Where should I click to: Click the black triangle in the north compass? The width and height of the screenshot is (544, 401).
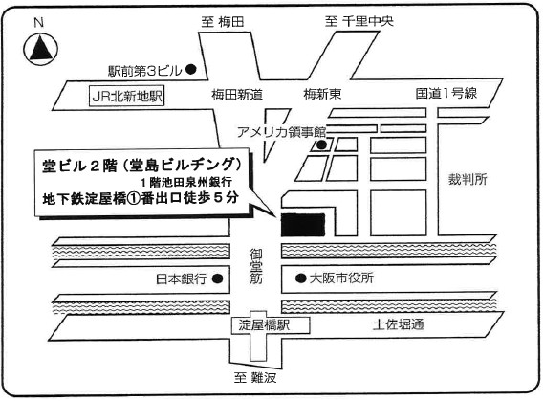(x=41, y=50)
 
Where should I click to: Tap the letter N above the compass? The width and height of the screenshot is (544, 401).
(x=39, y=23)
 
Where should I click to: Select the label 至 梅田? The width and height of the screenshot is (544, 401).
(x=223, y=22)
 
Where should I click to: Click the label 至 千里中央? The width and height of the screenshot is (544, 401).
(x=359, y=21)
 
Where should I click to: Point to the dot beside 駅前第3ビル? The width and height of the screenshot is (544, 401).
(x=191, y=70)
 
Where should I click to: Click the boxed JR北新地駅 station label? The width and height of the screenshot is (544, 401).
(x=127, y=96)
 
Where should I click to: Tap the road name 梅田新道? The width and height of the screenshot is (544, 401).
(x=237, y=94)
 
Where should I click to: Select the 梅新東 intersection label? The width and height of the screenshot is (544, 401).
(x=322, y=94)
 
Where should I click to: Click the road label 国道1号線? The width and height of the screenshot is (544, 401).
(x=446, y=93)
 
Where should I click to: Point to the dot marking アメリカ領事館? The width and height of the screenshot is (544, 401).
(x=321, y=145)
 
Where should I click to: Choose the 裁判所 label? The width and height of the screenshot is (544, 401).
(x=468, y=179)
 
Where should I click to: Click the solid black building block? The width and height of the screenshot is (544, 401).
(x=303, y=225)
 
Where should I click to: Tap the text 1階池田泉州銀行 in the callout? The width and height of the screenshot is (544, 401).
(x=186, y=182)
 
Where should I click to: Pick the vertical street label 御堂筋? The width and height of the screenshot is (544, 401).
(x=256, y=267)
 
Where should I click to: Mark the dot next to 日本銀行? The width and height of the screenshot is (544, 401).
(x=218, y=278)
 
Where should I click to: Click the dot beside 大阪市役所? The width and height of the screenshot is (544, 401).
(x=301, y=278)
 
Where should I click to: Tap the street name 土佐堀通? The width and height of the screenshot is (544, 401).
(x=399, y=324)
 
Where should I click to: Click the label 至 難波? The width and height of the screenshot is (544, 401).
(x=255, y=378)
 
